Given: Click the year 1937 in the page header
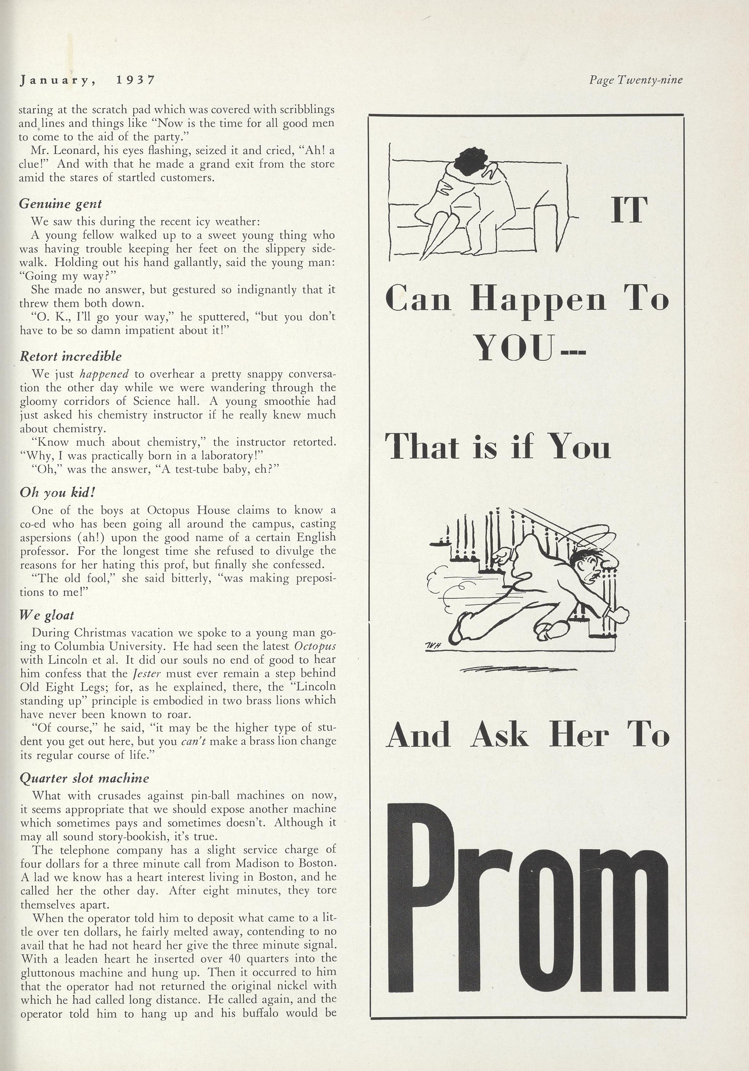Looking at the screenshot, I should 135,80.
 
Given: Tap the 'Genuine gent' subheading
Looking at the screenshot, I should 60,204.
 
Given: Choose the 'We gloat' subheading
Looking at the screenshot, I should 46,616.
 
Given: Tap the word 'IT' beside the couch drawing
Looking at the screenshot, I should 629,210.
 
